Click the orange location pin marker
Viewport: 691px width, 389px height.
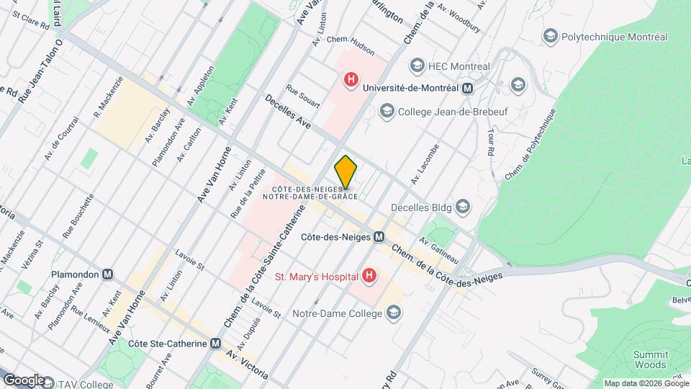point(346,171)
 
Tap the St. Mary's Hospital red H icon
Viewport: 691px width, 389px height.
point(369,275)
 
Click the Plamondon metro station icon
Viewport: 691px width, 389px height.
point(107,274)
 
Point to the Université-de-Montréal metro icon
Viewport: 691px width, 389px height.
point(468,88)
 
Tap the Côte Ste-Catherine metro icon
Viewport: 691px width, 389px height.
point(216,344)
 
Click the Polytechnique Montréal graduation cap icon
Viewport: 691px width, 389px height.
point(551,37)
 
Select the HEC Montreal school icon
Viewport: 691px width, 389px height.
point(417,66)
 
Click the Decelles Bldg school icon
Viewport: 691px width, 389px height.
point(462,207)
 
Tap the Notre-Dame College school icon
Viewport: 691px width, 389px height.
point(393,313)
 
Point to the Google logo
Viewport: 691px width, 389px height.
point(24,380)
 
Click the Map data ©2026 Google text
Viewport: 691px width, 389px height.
point(646,383)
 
